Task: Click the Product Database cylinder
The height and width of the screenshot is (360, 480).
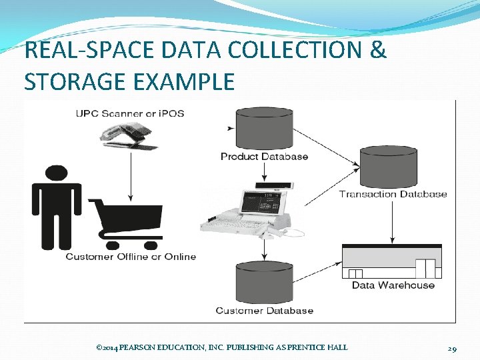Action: tap(264, 129)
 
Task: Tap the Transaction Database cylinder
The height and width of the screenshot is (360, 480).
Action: tap(388, 167)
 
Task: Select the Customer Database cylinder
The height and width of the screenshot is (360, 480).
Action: tap(264, 283)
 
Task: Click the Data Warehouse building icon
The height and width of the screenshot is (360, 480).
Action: tap(391, 261)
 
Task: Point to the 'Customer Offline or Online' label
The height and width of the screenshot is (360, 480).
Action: tap(131, 257)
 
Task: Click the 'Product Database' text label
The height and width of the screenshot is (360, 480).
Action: tap(264, 157)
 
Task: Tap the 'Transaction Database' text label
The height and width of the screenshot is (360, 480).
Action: tap(393, 194)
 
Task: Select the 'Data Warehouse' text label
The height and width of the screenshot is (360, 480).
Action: tap(393, 285)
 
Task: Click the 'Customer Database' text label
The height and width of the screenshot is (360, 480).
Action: tap(264, 311)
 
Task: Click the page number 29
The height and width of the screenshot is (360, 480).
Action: tap(451, 347)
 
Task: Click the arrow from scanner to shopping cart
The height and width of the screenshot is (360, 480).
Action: tap(131, 177)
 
